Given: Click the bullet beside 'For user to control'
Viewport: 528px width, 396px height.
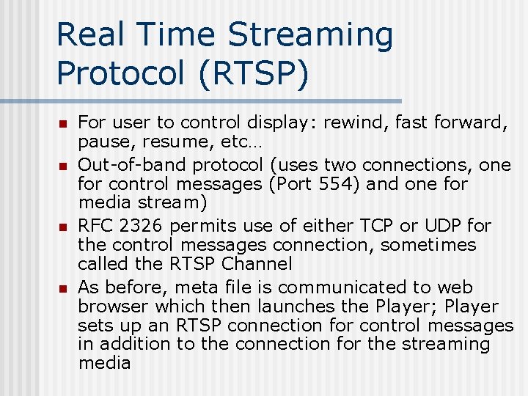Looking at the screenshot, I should click(x=63, y=123).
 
